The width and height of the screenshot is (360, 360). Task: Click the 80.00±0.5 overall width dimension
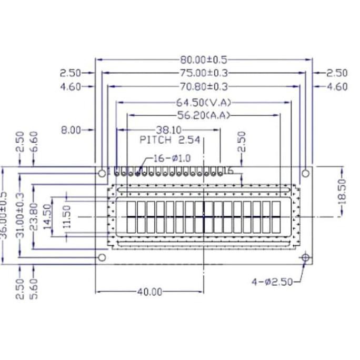coord(204,60)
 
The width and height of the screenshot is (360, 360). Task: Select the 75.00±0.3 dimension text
coord(204,74)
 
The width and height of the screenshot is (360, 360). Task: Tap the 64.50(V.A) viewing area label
coord(204,102)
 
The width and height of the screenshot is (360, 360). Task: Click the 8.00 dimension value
coord(72,130)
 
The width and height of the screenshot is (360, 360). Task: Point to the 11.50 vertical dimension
coord(66,215)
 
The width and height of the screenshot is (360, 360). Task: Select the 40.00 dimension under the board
coord(149,292)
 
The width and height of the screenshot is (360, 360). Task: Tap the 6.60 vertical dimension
coord(34,142)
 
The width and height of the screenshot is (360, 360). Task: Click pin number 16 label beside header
coord(228,171)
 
